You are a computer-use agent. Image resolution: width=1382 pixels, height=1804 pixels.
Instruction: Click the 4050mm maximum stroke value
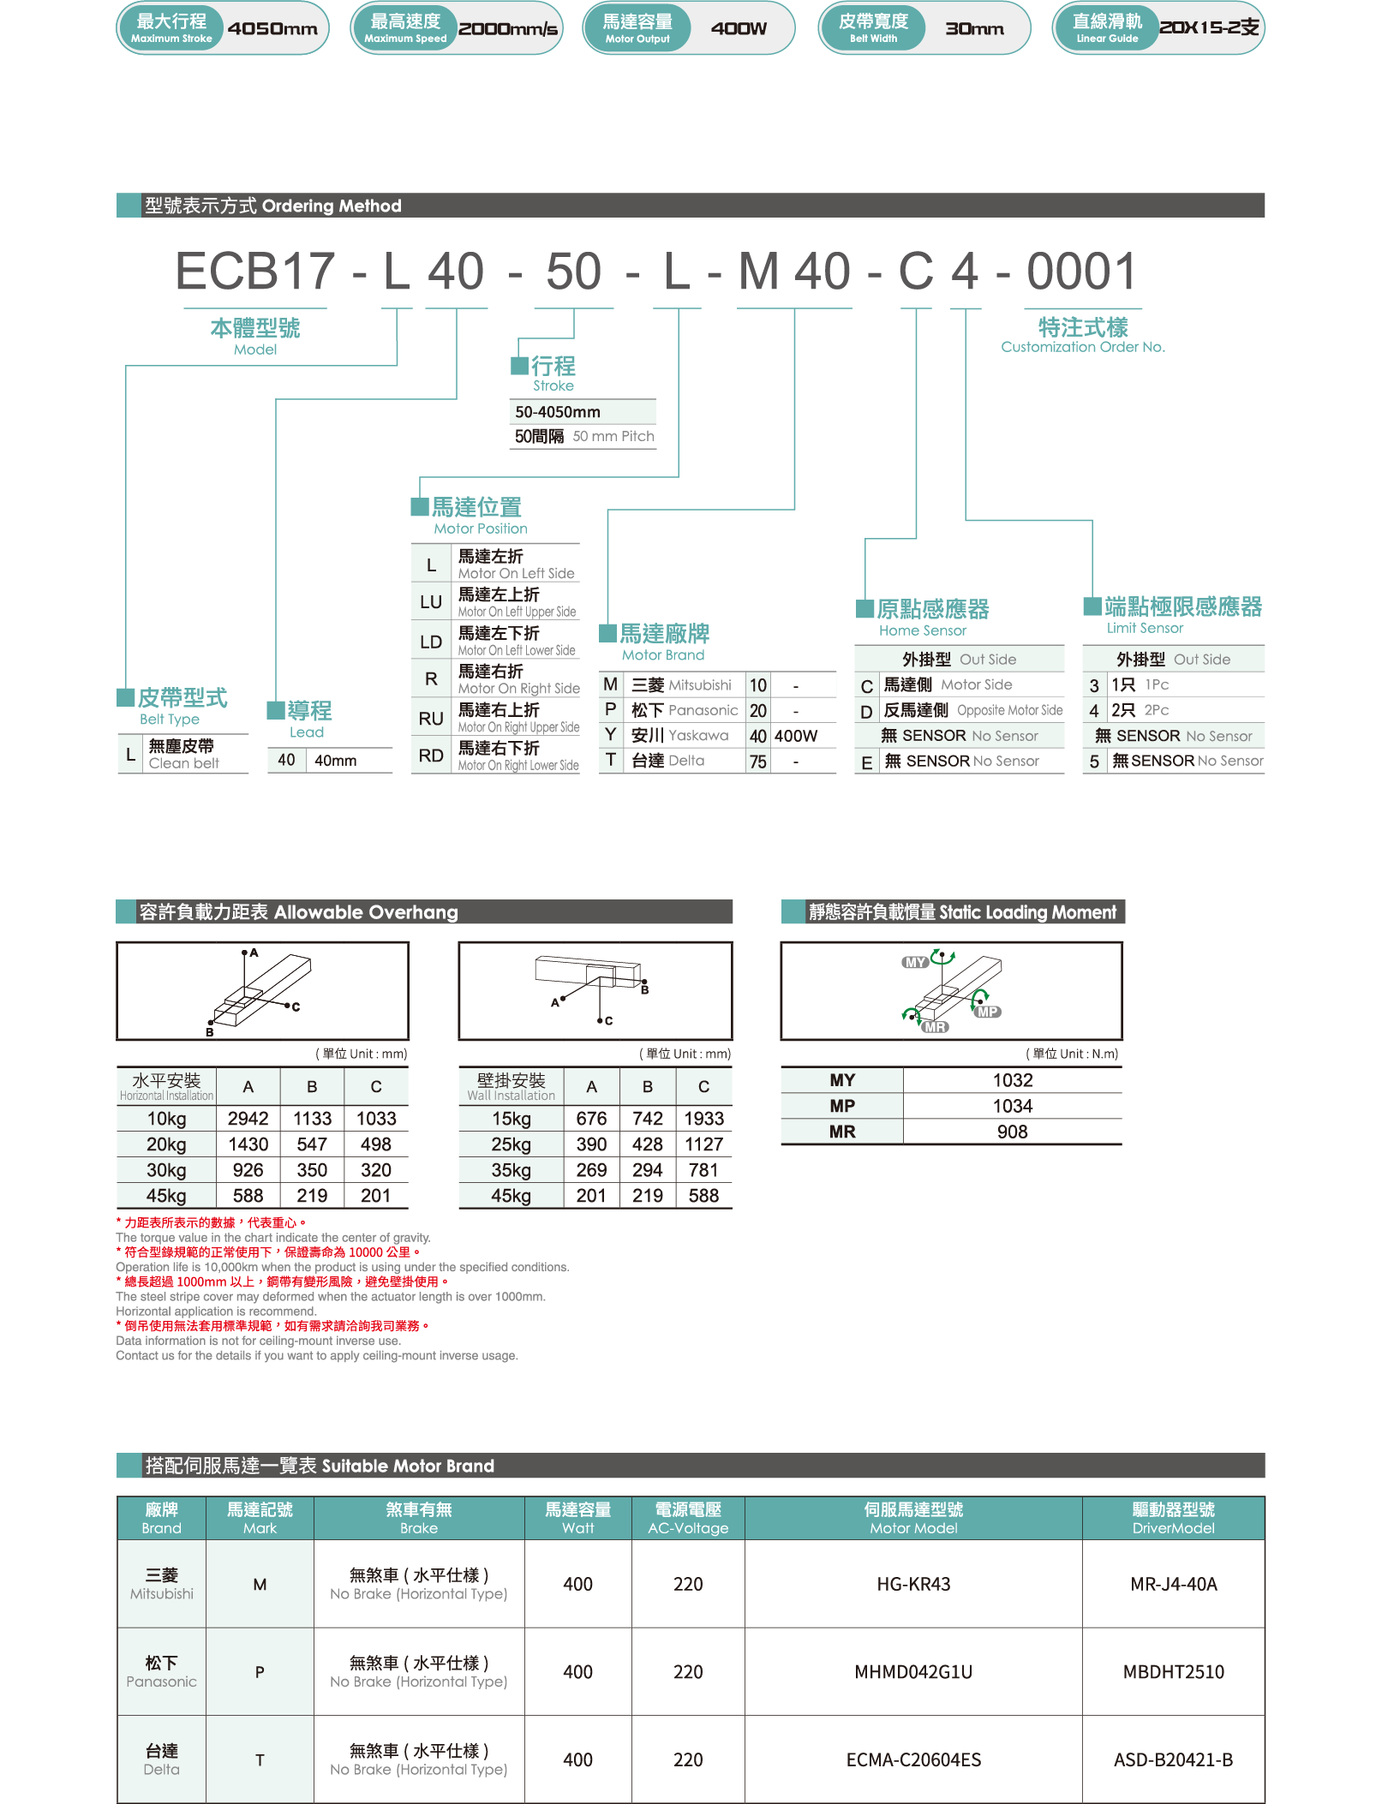[272, 28]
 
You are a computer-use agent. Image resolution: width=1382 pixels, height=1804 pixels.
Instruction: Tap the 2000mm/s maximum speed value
[508, 28]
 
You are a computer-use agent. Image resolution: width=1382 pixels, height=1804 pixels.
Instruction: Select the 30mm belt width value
[974, 28]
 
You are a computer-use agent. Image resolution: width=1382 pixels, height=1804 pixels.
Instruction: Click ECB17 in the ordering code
[254, 271]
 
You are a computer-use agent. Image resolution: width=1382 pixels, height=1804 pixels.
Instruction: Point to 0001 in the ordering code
[1082, 271]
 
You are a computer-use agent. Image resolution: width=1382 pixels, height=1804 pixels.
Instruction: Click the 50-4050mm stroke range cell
[558, 412]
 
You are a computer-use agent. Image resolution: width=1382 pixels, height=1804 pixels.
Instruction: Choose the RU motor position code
[431, 719]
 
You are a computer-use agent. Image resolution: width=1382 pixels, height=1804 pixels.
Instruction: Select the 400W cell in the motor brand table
[796, 736]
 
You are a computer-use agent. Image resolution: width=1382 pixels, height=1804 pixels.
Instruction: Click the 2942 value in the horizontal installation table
[248, 1119]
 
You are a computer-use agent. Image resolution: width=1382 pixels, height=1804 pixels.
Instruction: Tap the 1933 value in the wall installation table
[703, 1119]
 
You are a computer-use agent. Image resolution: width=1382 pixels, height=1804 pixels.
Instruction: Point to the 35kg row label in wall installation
[511, 1170]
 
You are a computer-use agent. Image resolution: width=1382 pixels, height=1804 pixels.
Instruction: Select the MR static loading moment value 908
[1012, 1132]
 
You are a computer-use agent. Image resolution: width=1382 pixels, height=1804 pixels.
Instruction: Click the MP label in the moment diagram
[988, 1012]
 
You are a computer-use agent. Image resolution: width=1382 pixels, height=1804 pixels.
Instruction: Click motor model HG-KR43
[913, 1584]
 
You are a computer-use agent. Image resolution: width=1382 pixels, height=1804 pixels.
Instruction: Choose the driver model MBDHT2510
[1173, 1671]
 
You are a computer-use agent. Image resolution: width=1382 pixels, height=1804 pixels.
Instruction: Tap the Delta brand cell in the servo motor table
[161, 1759]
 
